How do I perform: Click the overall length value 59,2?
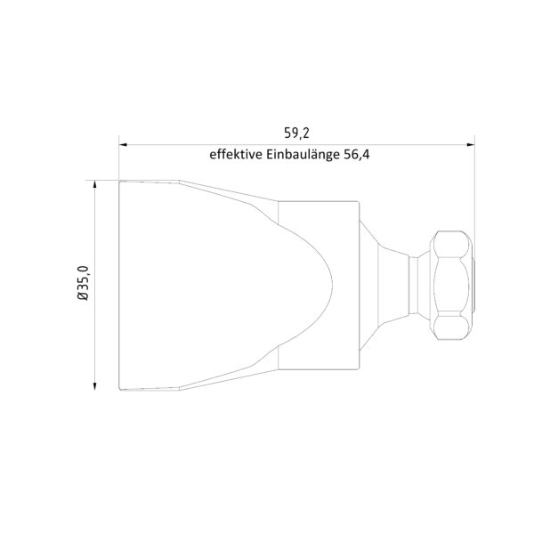[296, 133]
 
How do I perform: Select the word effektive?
[236, 154]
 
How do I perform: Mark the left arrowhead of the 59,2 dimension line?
[125, 142]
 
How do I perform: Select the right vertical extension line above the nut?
[474, 187]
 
